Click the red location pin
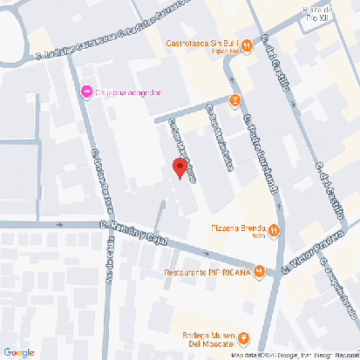pos(179,168)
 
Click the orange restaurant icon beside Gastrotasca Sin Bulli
pos(248,44)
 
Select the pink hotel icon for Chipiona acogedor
pos(86,92)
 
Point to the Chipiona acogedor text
pos(129,92)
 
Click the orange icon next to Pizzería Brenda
pos(274,230)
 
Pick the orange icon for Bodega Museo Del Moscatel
pos(244,337)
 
